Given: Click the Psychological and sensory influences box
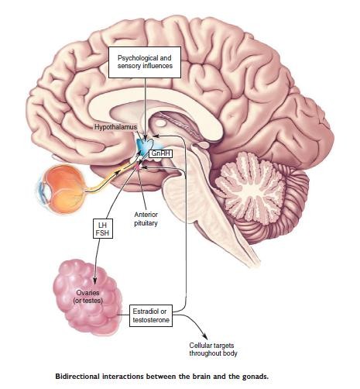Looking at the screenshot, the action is click(145, 62).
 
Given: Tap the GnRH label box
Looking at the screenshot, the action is click(161, 153).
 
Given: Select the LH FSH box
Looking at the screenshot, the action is click(103, 229).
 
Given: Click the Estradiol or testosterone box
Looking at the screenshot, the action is click(151, 315).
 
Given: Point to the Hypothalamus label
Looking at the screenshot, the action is click(115, 127).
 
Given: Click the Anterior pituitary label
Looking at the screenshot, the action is click(146, 219).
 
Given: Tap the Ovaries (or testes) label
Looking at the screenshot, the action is click(88, 297).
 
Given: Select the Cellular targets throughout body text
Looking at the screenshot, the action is click(213, 349).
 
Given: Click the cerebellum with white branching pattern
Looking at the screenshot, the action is click(248, 185).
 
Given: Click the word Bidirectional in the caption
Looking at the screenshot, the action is click(77, 377).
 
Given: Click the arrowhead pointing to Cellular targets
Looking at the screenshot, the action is click(205, 337).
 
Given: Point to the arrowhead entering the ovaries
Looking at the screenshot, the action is click(95, 281).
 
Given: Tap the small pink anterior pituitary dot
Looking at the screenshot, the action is click(139, 167).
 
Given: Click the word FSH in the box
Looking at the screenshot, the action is click(102, 233).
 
